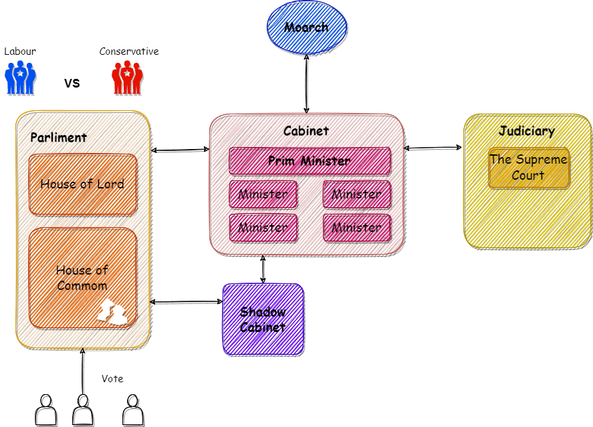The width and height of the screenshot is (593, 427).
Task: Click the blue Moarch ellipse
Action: click(307, 27)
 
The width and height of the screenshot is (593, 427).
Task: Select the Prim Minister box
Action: click(310, 161)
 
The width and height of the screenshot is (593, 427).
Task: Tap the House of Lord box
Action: click(83, 184)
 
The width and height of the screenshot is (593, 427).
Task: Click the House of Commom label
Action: click(82, 278)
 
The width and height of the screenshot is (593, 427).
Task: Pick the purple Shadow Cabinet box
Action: click(263, 319)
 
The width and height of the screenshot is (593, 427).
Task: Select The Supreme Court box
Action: click(529, 168)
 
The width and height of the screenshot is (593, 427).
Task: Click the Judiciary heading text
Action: click(527, 131)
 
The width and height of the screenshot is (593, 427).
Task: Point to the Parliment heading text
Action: click(59, 138)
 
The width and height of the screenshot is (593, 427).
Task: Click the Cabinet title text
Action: click(306, 131)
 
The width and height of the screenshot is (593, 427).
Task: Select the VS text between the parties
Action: click(72, 83)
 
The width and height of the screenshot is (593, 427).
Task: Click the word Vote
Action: click(112, 379)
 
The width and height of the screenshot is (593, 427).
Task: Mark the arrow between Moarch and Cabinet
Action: click(306, 84)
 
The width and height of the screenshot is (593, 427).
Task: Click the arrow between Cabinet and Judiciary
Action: click(433, 148)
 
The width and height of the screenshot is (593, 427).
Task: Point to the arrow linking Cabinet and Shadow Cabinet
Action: click(263, 269)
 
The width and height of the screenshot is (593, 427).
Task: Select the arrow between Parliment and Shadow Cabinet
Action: click(186, 301)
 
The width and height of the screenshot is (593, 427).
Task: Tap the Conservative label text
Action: click(129, 51)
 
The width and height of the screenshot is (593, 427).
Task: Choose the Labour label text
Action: click(20, 51)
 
